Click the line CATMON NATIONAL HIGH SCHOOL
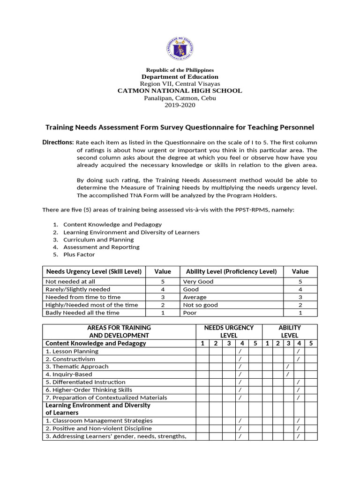click(x=180, y=91)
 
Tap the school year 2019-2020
click(x=180, y=105)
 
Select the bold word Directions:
click(x=58, y=142)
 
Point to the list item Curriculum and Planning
click(x=98, y=240)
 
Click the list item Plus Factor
click(x=79, y=255)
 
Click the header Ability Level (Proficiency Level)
click(x=231, y=271)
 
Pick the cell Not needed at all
click(x=70, y=282)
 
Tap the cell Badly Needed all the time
click(x=82, y=313)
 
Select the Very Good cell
click(x=198, y=282)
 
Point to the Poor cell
click(x=190, y=313)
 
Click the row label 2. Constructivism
click(x=70, y=359)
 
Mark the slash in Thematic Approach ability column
click(x=288, y=367)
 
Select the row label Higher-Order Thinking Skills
click(x=89, y=390)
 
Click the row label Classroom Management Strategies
click(x=99, y=421)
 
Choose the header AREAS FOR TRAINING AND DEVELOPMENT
click(x=119, y=331)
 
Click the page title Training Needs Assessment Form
click(x=180, y=127)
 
